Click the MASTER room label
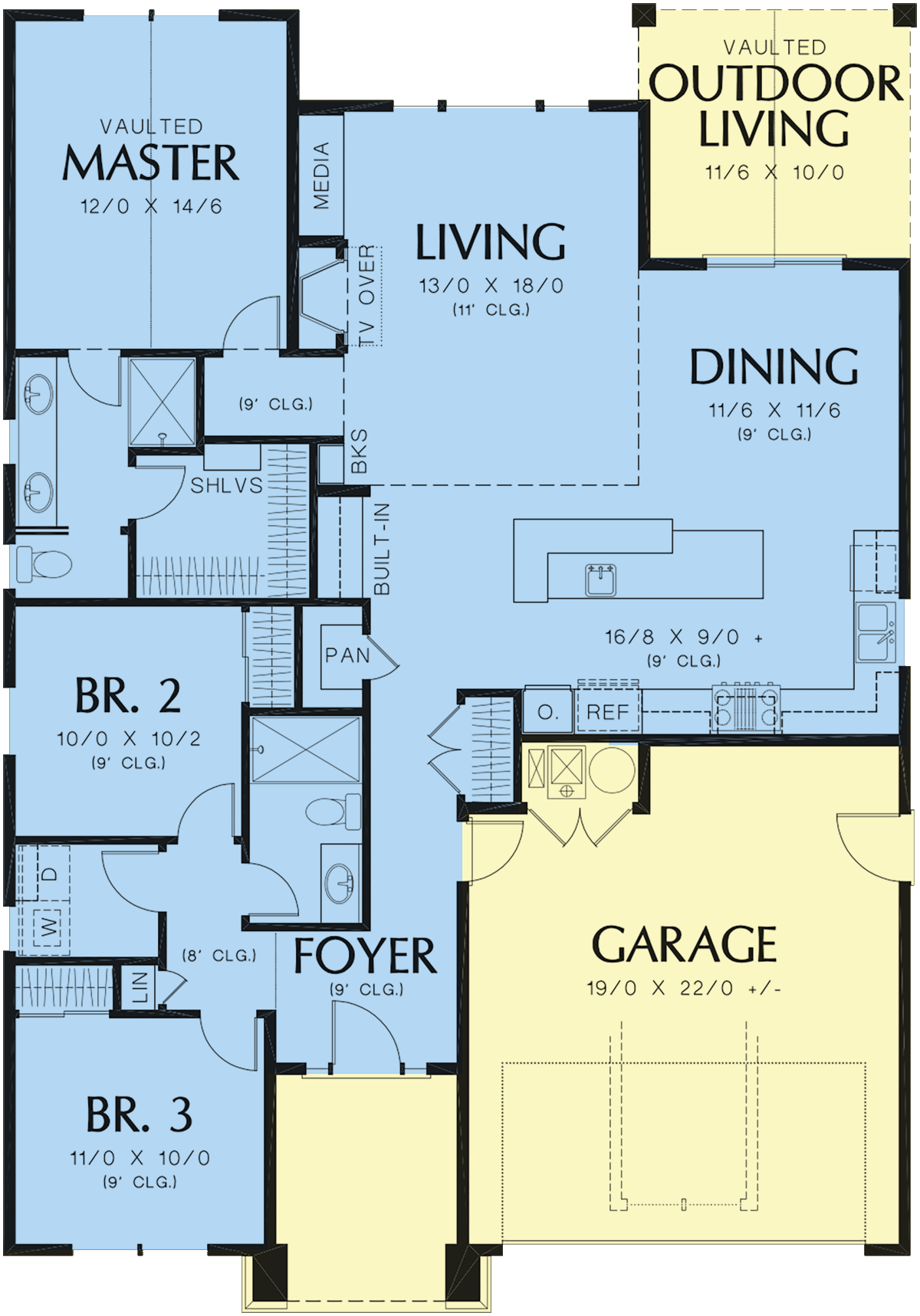(151, 162)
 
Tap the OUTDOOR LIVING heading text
(775, 105)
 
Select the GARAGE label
(684, 944)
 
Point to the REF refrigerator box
(608, 712)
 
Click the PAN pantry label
(347, 655)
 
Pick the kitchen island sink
(601, 579)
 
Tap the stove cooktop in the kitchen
(746, 707)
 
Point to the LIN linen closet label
(140, 987)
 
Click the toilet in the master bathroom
(44, 564)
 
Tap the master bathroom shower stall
(162, 402)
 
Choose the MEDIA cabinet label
(321, 176)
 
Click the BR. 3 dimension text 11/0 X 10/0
(140, 1157)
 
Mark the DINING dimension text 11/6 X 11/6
(774, 410)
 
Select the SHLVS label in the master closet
(226, 485)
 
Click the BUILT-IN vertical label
(382, 549)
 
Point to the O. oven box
(547, 712)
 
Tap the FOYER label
(365, 956)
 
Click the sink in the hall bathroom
(340, 884)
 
